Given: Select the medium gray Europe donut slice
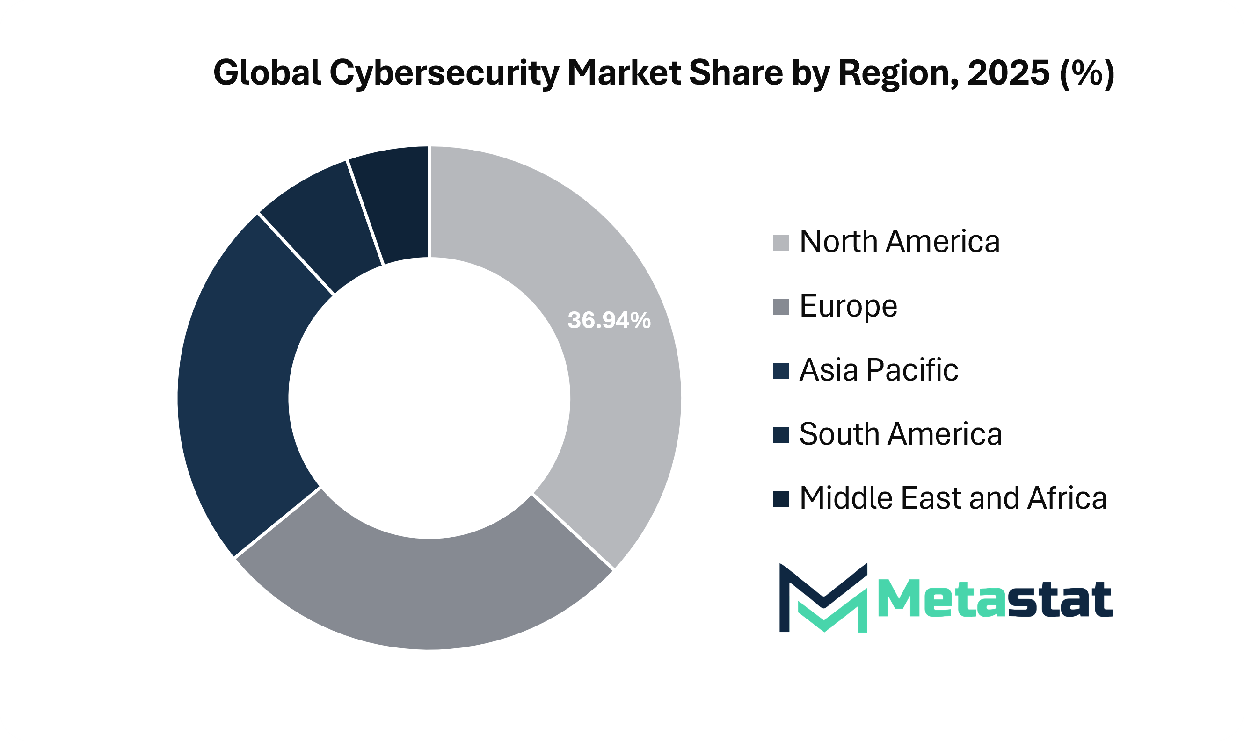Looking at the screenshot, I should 425,594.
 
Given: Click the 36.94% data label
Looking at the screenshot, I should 609,321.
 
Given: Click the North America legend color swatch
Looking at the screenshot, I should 781,243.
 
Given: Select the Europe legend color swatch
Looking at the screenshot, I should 781,307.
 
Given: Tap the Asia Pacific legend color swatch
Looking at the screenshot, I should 781,371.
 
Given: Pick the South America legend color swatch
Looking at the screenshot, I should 781,435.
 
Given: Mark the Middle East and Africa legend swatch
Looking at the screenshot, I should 781,499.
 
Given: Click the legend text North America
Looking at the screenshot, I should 899,242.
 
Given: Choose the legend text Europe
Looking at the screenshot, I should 848,306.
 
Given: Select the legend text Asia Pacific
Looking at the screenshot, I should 879,370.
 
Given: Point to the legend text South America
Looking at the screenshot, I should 900,434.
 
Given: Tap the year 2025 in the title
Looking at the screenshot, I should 1008,73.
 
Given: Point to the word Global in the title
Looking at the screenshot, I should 267,73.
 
